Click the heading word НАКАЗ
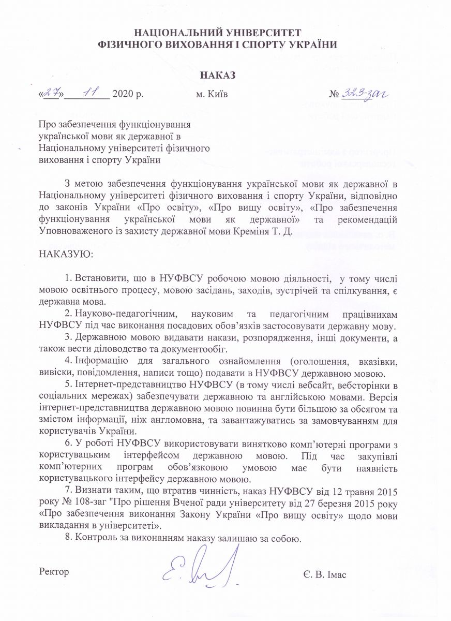pos(217,76)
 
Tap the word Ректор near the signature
pos(54,572)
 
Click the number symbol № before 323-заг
pos(334,95)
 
